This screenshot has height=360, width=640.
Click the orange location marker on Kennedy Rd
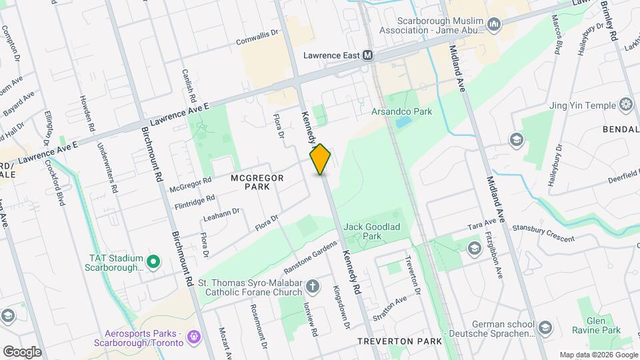pyautogui.click(x=321, y=159)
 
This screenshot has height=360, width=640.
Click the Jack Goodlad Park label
pyautogui.click(x=371, y=231)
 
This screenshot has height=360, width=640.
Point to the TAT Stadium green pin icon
pyautogui.click(x=153, y=261)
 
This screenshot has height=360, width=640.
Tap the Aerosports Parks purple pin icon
pyautogui.click(x=193, y=337)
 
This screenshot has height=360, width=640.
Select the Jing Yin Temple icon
pyautogui.click(x=625, y=104)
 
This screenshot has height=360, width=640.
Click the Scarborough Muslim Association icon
pyautogui.click(x=494, y=25)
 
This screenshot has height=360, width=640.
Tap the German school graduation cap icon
pyautogui.click(x=545, y=327)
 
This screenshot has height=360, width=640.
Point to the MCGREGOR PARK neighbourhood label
pyautogui.click(x=257, y=182)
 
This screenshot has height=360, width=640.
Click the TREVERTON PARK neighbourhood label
pyautogui.click(x=399, y=341)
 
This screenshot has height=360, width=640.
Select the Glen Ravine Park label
pyautogui.click(x=596, y=325)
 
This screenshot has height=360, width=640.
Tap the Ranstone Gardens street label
pyautogui.click(x=311, y=257)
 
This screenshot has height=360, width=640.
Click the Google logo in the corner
pyautogui.click(x=22, y=351)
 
